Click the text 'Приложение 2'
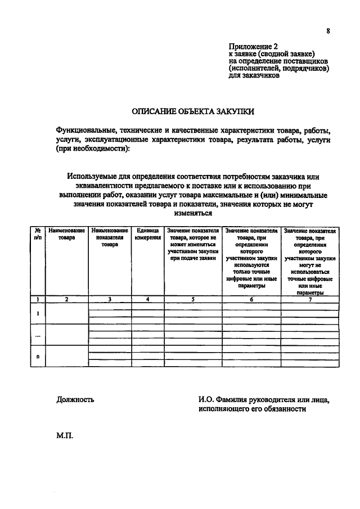[x=253, y=46]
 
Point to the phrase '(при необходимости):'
[x=92, y=148]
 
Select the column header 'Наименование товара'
[x=66, y=235]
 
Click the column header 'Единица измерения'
[x=147, y=235]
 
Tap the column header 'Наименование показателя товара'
[x=110, y=238]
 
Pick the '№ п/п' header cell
[x=37, y=235]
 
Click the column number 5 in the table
[x=192, y=299]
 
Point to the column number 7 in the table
[x=310, y=299]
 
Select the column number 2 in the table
[x=66, y=299]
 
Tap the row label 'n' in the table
[x=37, y=356]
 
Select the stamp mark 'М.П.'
[x=65, y=435]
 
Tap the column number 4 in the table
[x=147, y=299]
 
